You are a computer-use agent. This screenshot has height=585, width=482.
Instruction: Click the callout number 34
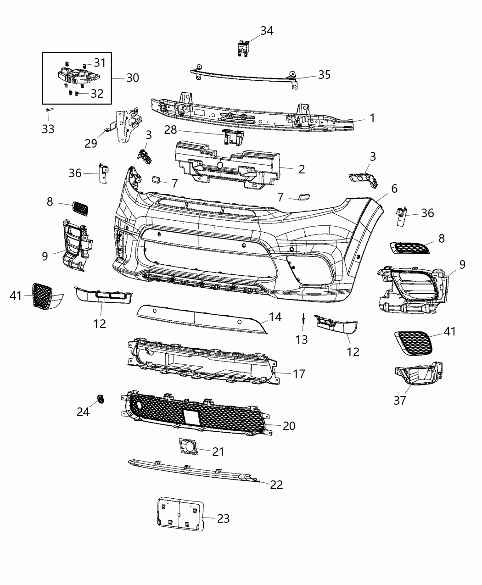tap(267, 31)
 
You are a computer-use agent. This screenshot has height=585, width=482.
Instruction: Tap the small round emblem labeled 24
tap(100, 399)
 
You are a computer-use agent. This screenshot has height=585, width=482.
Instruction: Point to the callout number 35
tap(324, 75)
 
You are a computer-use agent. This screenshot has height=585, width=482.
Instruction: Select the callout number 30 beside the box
tap(132, 78)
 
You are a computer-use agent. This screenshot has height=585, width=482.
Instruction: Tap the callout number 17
tap(299, 374)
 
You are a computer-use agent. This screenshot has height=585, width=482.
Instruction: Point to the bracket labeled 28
tap(233, 136)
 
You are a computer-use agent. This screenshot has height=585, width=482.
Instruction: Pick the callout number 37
tap(400, 400)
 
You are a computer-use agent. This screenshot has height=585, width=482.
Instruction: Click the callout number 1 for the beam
tap(372, 118)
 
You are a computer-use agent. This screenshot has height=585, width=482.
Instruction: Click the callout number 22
tap(276, 485)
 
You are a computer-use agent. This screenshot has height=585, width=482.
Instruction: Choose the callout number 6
tap(394, 189)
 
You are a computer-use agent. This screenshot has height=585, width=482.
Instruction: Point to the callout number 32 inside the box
tap(97, 94)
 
